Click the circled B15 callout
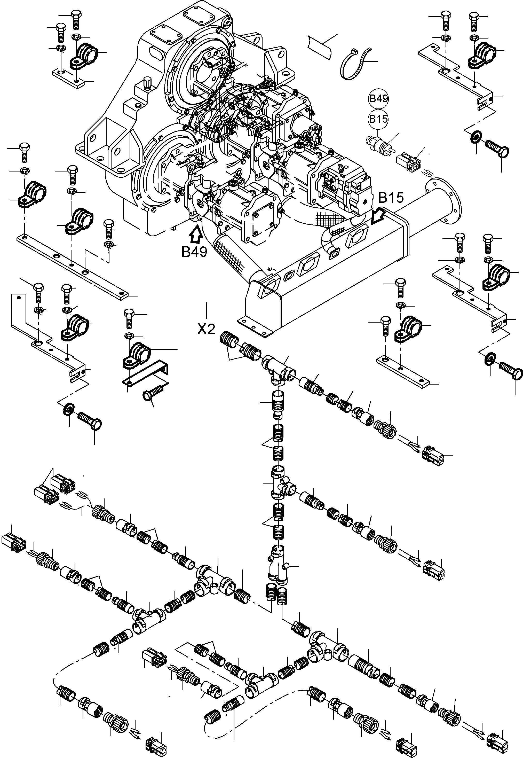(378, 119)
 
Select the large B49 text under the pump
(195, 252)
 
